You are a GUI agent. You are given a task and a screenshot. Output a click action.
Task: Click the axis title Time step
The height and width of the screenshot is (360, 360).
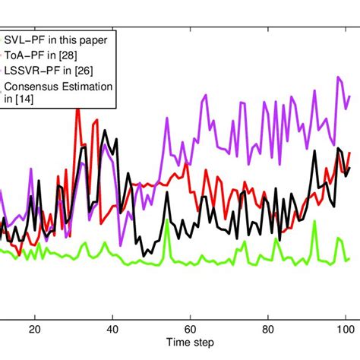pyautogui.click(x=190, y=346)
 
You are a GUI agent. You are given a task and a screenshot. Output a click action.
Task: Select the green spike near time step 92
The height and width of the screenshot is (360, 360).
pyautogui.click(x=314, y=221)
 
